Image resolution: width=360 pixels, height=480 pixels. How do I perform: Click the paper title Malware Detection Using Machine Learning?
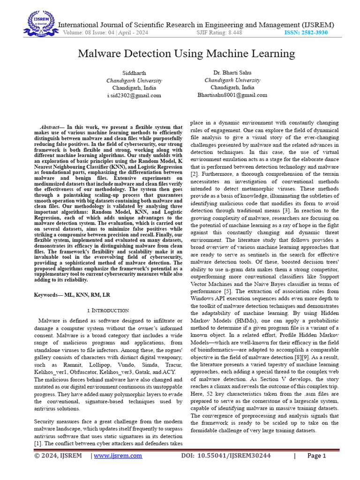pyautogui.click(x=186, y=53)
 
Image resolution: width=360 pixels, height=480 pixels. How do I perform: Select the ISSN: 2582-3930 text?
pyautogui.click(x=306, y=32)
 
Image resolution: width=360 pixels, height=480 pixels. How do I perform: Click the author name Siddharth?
pyautogui.click(x=134, y=73)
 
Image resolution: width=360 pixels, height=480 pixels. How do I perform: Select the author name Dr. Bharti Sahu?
pyautogui.click(x=232, y=73)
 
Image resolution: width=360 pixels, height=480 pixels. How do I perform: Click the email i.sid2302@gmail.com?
pyautogui.click(x=134, y=95)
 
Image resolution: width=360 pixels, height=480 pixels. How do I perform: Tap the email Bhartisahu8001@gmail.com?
pyautogui.click(x=232, y=95)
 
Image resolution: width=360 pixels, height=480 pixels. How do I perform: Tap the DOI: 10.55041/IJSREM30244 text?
pyautogui.click(x=225, y=456)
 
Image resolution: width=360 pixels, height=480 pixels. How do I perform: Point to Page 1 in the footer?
pyautogui.click(x=316, y=456)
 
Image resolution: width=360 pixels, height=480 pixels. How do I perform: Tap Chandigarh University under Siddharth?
pyautogui.click(x=134, y=81)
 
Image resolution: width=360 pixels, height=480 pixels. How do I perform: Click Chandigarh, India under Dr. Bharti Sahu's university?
pyautogui.click(x=232, y=88)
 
